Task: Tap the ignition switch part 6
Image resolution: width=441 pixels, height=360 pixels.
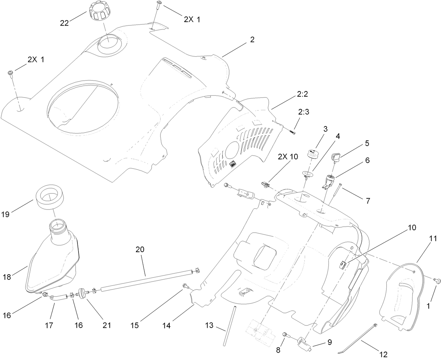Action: [330, 180]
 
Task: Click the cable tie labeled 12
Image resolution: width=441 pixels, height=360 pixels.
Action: [358, 338]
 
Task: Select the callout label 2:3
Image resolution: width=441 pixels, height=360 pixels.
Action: [304, 112]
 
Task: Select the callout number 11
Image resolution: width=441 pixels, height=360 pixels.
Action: [433, 239]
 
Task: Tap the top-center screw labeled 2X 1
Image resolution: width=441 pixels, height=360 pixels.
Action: [160, 4]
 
